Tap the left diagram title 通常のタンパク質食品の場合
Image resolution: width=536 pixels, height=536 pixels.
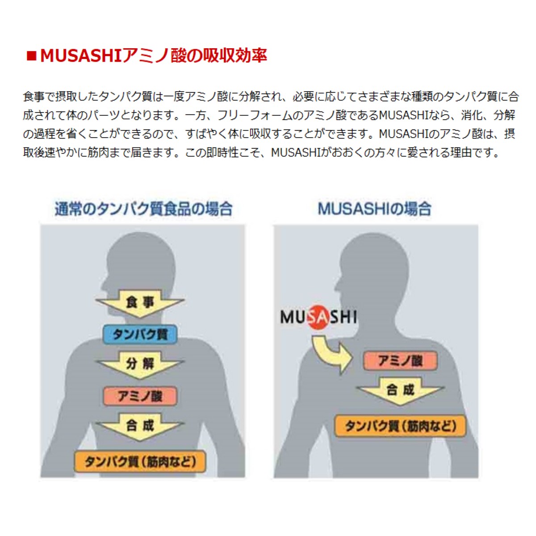(143, 209)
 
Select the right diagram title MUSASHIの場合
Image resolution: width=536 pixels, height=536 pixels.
(374, 209)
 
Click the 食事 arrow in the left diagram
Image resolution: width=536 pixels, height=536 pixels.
(140, 302)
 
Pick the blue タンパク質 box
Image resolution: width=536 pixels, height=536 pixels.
(140, 334)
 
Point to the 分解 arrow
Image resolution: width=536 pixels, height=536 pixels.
(140, 364)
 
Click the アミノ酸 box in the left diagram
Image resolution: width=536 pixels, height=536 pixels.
(140, 396)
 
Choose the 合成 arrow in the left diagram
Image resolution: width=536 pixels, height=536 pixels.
(140, 426)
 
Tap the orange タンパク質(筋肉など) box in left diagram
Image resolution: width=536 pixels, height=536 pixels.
(140, 461)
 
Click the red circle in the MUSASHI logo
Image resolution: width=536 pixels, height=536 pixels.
(318, 318)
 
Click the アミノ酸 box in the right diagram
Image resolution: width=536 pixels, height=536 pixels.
(400, 361)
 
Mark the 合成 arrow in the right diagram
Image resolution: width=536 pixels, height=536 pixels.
(400, 390)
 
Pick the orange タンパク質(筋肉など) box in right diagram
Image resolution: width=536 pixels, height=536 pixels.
(400, 426)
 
